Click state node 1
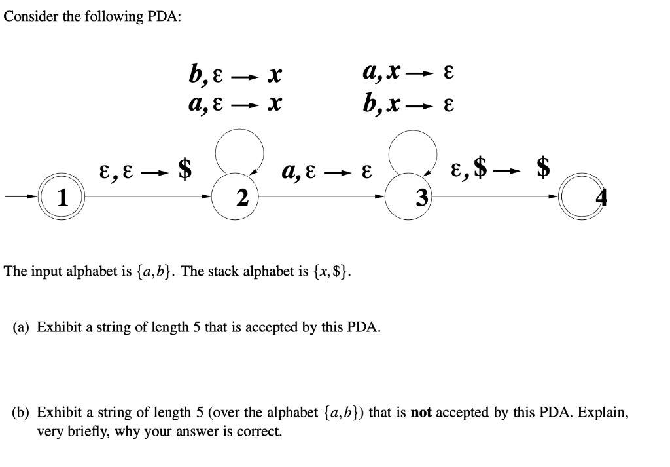coord(63,196)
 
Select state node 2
coord(242,196)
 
